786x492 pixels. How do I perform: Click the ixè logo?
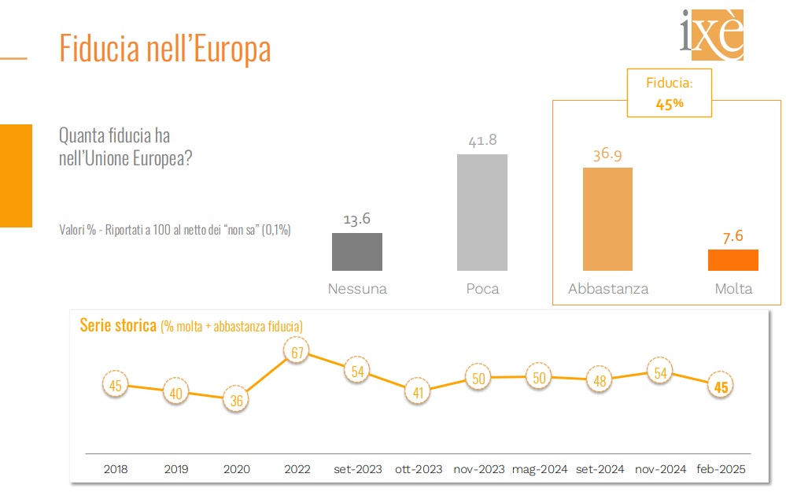click(711, 35)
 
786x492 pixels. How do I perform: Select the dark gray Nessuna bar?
click(357, 252)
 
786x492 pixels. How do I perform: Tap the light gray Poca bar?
click(482, 212)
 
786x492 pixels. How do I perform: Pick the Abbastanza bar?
click(607, 219)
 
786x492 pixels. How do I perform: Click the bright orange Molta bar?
click(733, 260)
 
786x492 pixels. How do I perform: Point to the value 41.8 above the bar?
click(482, 140)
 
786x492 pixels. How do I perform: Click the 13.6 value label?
click(357, 219)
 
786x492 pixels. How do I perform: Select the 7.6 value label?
click(733, 235)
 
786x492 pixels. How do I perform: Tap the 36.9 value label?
click(607, 154)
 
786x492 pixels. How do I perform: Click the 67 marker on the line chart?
click(297, 353)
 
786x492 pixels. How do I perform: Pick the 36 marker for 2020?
click(236, 400)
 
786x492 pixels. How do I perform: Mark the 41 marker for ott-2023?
click(420, 391)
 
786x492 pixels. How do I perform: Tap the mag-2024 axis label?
click(540, 469)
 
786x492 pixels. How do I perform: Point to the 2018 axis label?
click(115, 469)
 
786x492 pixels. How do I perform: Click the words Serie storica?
click(118, 325)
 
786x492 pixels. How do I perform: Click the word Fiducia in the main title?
click(100, 49)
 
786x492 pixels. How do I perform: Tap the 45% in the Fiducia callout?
click(669, 103)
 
